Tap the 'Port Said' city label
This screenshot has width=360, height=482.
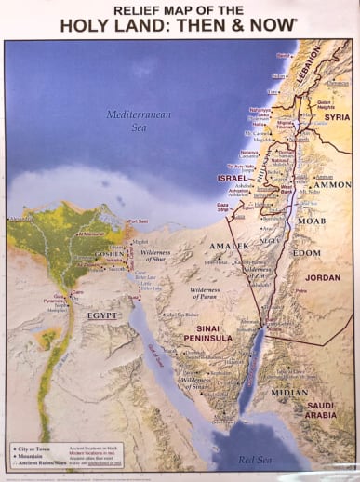(137, 221)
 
